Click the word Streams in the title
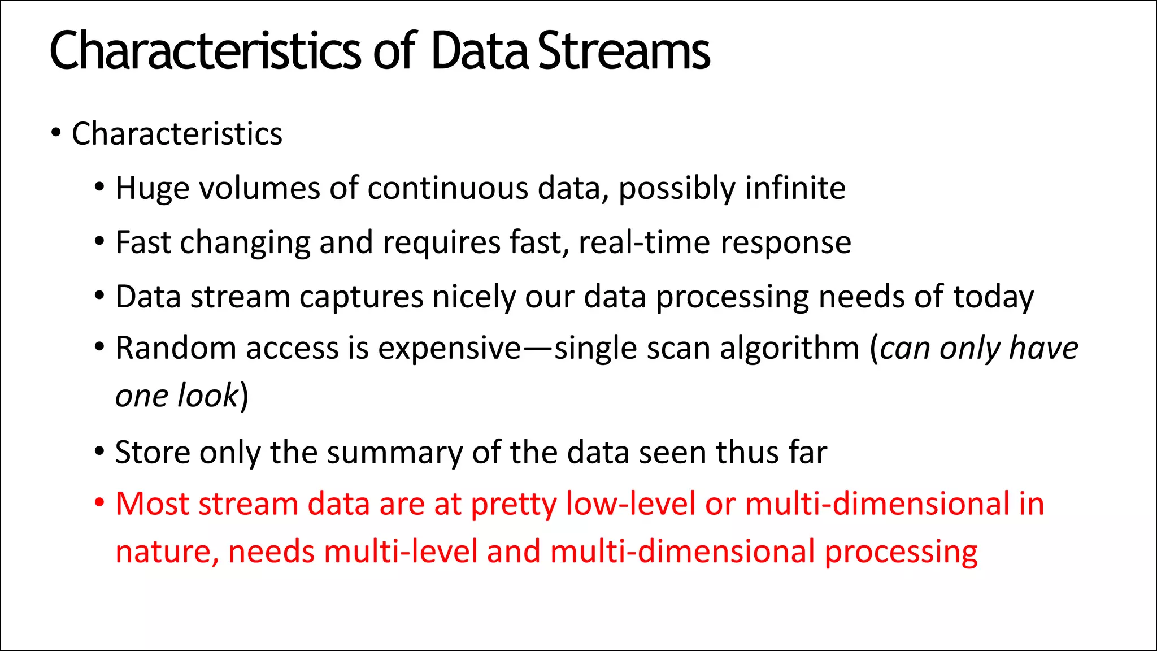point(624,52)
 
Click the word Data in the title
point(479,52)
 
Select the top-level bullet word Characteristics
point(177,134)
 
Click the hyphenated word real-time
point(645,243)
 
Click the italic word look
point(208,396)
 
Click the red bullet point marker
point(99,502)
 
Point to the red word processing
point(901,553)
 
